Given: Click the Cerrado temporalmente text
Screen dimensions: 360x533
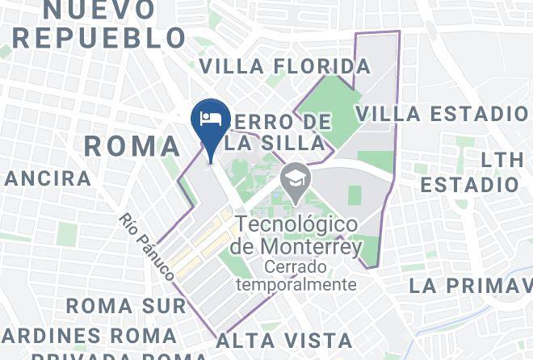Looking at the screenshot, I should tap(296, 275).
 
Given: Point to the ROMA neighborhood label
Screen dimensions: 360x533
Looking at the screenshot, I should tap(132, 146).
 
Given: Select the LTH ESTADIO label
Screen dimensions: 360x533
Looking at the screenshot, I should tap(471, 172).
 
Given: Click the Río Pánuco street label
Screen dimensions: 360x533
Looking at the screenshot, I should tap(147, 246).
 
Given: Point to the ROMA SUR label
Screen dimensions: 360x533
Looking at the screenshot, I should tap(127, 306).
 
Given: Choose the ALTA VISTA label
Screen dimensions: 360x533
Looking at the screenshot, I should tap(283, 340).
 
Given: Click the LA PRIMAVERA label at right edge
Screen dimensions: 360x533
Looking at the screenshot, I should tap(470, 286).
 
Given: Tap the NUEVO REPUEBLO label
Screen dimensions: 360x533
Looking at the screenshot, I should tap(99, 23).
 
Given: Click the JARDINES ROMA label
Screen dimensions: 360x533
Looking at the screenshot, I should tap(89, 334).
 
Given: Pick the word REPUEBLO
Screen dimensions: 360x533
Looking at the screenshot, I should tap(99, 37).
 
